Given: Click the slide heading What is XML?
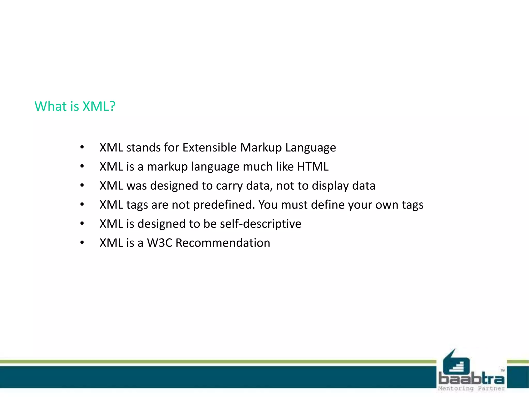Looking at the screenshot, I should click(x=75, y=106).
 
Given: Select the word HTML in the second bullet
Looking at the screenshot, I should click(x=313, y=166).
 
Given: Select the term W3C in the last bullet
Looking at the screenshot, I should click(x=159, y=243).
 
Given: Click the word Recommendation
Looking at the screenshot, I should click(x=223, y=243).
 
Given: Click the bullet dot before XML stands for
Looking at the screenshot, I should click(x=82, y=147).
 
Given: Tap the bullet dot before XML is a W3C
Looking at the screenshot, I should click(x=82, y=242).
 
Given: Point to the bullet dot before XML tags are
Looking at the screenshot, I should click(x=82, y=204).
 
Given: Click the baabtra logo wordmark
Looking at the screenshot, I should click(x=471, y=379).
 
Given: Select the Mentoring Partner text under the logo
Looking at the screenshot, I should click(x=471, y=388).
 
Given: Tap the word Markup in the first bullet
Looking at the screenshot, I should click(x=261, y=148).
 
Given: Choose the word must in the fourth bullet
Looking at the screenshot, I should click(x=294, y=205).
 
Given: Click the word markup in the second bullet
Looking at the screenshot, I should click(x=167, y=166).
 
